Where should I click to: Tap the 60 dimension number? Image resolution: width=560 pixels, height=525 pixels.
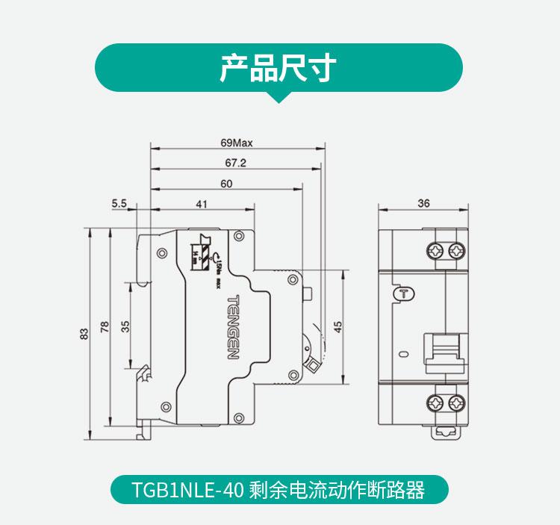click(x=226, y=183)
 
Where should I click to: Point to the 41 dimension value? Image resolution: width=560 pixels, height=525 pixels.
click(x=202, y=203)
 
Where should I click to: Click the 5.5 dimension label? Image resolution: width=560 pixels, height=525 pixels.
click(x=119, y=203)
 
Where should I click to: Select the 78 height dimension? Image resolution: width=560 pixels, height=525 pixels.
click(x=105, y=326)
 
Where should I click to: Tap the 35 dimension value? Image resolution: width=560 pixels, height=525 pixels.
click(x=125, y=326)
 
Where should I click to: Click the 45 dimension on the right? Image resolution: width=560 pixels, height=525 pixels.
click(x=337, y=326)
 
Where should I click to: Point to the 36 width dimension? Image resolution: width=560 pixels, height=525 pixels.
click(x=423, y=203)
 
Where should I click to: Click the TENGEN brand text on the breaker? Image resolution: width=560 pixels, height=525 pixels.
click(x=231, y=326)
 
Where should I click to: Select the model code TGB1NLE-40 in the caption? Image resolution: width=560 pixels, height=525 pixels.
click(x=178, y=490)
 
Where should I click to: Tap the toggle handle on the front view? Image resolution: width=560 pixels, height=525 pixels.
click(x=444, y=351)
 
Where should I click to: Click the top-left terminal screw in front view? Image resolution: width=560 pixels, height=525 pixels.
click(x=434, y=249)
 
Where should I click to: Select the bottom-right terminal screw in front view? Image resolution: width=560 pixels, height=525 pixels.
click(x=456, y=404)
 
